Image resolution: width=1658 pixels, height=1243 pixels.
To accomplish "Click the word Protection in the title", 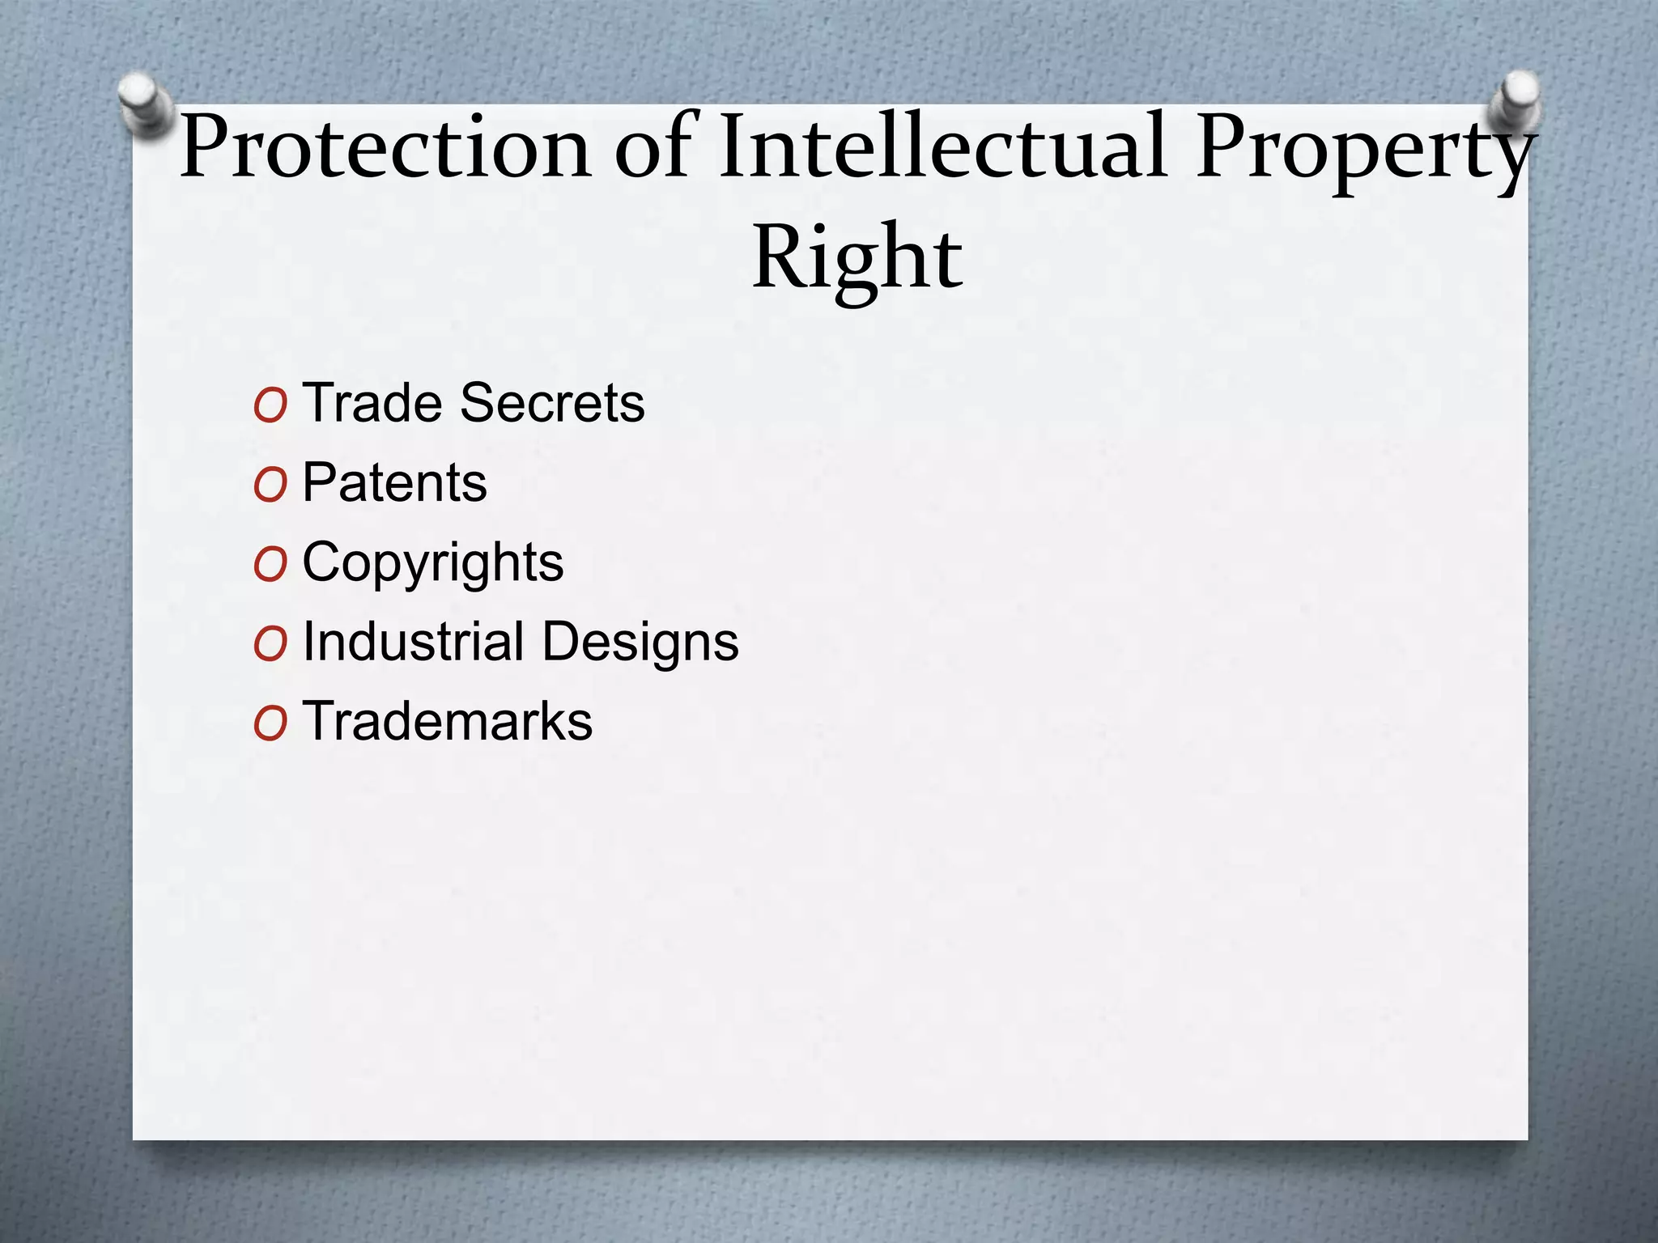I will click(385, 148).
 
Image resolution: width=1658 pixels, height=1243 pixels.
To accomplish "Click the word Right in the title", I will click(857, 258).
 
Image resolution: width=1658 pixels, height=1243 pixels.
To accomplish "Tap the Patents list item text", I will click(394, 483).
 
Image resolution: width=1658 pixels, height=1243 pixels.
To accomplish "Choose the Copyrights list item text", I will click(432, 563).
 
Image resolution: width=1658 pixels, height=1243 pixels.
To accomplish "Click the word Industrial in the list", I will click(413, 642).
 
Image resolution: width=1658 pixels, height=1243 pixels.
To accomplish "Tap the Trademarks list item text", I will click(447, 721).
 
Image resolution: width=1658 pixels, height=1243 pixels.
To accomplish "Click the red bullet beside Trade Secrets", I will click(270, 406).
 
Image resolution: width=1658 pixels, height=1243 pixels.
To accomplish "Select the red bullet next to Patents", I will click(270, 486).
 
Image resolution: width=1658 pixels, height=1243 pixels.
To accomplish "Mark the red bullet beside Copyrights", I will click(270, 566).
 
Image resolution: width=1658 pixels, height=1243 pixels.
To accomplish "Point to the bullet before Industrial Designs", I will click(270, 645).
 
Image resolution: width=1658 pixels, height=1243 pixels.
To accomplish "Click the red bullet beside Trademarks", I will click(270, 724).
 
